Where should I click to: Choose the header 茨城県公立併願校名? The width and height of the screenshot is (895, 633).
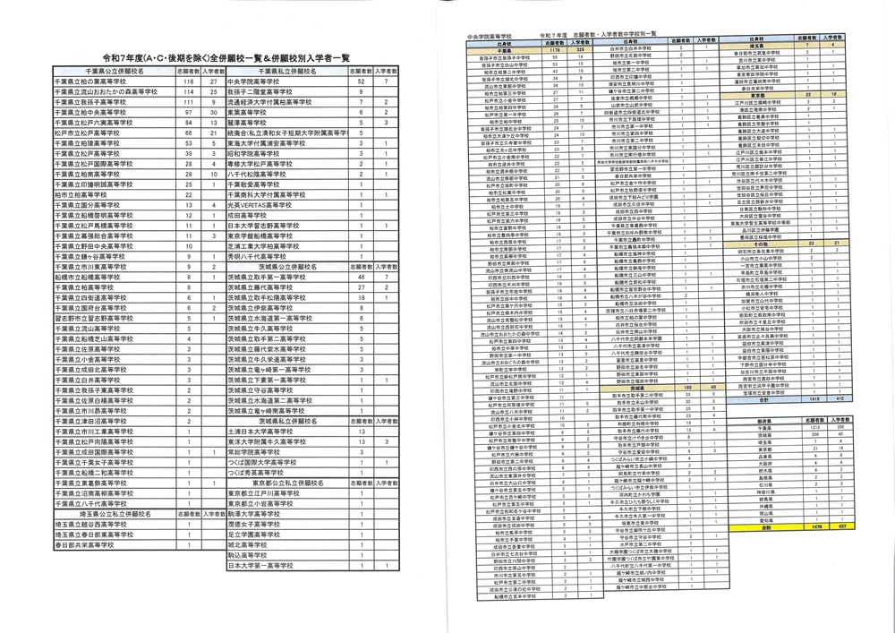[286, 267]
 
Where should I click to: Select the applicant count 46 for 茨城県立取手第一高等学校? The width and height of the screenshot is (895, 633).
[361, 279]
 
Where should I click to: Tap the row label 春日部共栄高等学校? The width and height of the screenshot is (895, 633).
[89, 545]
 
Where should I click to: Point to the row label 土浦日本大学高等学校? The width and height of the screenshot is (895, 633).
[268, 430]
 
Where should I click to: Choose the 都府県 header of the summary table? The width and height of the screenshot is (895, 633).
[766, 419]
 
